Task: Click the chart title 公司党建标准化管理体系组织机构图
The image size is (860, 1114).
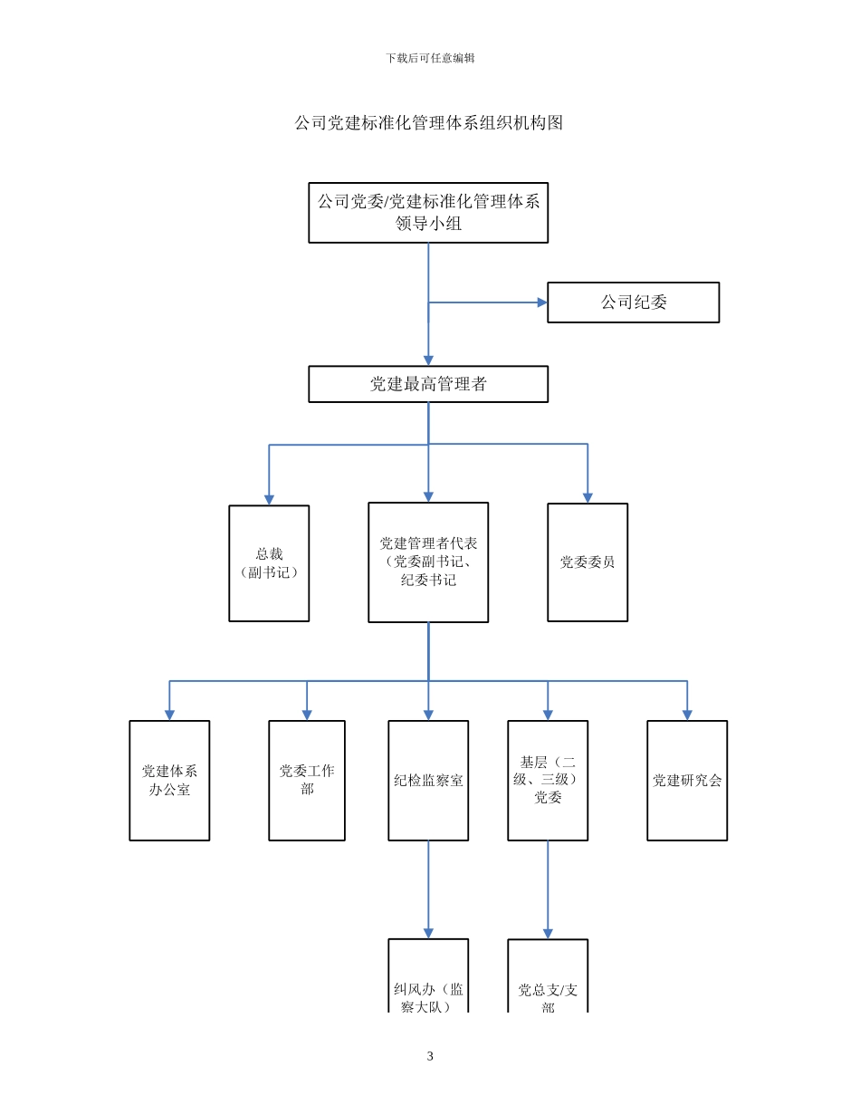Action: pos(428,123)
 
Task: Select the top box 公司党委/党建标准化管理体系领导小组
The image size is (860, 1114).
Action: pos(428,213)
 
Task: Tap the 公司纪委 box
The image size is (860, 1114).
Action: pos(633,303)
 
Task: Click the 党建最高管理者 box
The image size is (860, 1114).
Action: pos(428,384)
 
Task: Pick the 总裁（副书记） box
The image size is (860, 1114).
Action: pos(269,563)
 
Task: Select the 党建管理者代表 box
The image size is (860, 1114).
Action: pos(428,562)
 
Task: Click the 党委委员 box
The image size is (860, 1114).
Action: pos(588,562)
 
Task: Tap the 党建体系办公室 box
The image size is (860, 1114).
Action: pos(169,781)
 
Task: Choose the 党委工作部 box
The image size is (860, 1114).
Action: pos(307,781)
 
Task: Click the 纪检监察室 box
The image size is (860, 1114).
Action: pos(428,781)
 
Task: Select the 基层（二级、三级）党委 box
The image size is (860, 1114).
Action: pos(548,781)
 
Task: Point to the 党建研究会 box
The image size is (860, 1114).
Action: pos(687,781)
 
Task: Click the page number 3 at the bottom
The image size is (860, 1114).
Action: pos(430,1056)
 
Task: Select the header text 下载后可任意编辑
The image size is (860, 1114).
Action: pos(430,58)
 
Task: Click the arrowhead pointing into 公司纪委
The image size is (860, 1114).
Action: pos(542,303)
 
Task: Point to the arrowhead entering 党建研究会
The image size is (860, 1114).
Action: pos(687,715)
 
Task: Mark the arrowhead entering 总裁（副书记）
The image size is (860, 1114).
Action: pos(269,499)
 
